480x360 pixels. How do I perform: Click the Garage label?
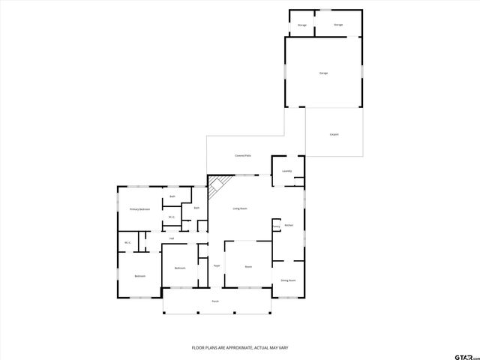(323, 73)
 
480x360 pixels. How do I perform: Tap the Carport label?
(334, 134)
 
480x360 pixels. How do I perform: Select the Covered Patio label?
(242, 155)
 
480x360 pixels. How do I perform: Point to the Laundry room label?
(286, 171)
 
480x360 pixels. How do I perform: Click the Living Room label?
(240, 208)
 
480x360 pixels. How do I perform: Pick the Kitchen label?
(288, 225)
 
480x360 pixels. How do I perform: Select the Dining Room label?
(288, 280)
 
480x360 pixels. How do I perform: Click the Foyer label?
(216, 266)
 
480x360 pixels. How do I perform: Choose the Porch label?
(214, 301)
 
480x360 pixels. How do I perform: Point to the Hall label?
(172, 238)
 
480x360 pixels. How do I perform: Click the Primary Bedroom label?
(139, 209)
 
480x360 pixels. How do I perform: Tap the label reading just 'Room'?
(247, 266)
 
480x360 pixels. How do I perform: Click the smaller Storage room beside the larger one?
(301, 25)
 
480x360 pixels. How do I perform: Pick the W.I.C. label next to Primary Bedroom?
(171, 217)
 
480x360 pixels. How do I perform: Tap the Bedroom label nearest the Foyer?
(180, 268)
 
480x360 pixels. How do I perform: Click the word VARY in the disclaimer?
(282, 348)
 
